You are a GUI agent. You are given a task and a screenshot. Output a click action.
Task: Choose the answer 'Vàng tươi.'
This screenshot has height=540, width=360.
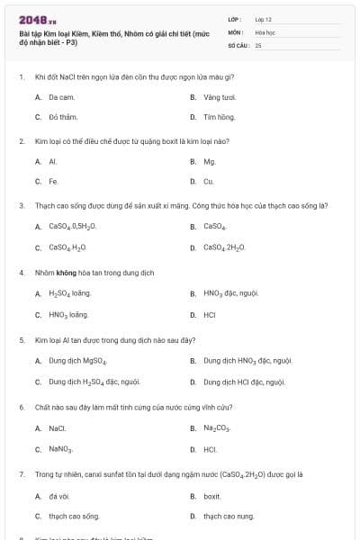[219, 96]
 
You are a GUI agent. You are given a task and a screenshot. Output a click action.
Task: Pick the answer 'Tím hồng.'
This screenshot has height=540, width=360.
[219, 117]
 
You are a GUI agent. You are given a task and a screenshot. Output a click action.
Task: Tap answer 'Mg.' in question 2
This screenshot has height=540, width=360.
[209, 162]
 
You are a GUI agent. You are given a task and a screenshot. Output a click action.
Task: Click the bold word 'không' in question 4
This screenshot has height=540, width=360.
[66, 272]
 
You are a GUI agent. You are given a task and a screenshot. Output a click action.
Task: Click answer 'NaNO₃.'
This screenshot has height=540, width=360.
[60, 448]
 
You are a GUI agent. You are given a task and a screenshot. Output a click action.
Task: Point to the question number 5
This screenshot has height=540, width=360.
[21, 340]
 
